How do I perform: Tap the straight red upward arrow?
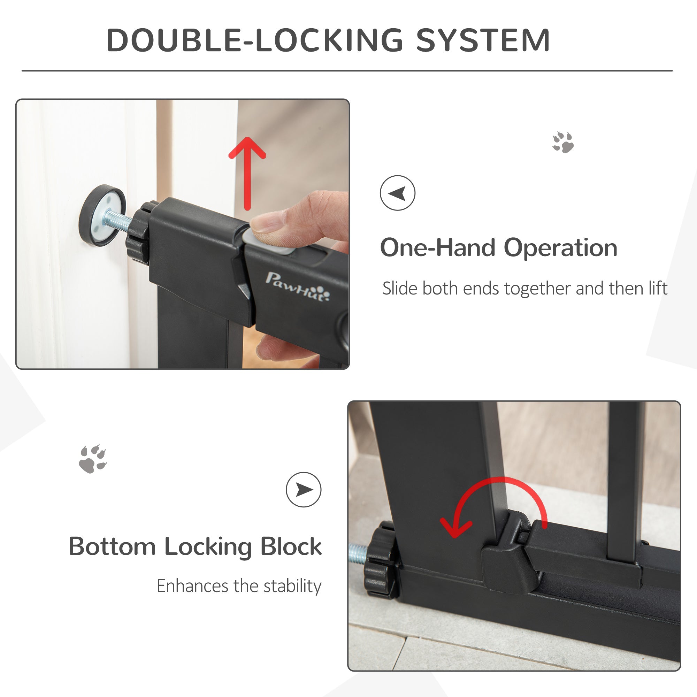[x=247, y=173]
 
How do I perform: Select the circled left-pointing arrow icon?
[x=398, y=193]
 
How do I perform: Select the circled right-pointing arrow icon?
[x=304, y=490]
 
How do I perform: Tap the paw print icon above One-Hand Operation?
[x=563, y=142]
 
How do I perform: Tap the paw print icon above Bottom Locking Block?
[x=93, y=459]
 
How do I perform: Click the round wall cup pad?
[x=102, y=216]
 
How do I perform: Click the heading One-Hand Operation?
[x=499, y=248]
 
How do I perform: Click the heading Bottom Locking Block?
[x=195, y=546]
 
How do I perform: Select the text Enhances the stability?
[x=239, y=586]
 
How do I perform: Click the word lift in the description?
[x=658, y=289]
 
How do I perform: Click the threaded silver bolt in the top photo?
[x=119, y=221]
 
